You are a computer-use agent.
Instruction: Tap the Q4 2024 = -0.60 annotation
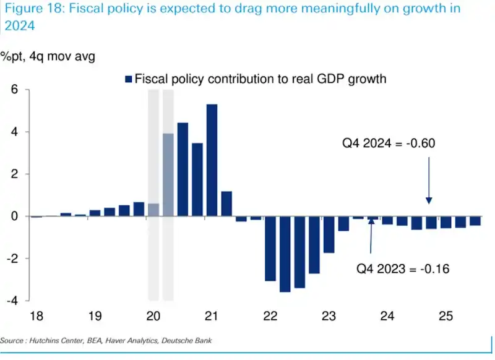[x=389, y=144]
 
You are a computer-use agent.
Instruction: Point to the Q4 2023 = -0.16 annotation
[x=402, y=269]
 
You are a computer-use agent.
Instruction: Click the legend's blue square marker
[x=129, y=79]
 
